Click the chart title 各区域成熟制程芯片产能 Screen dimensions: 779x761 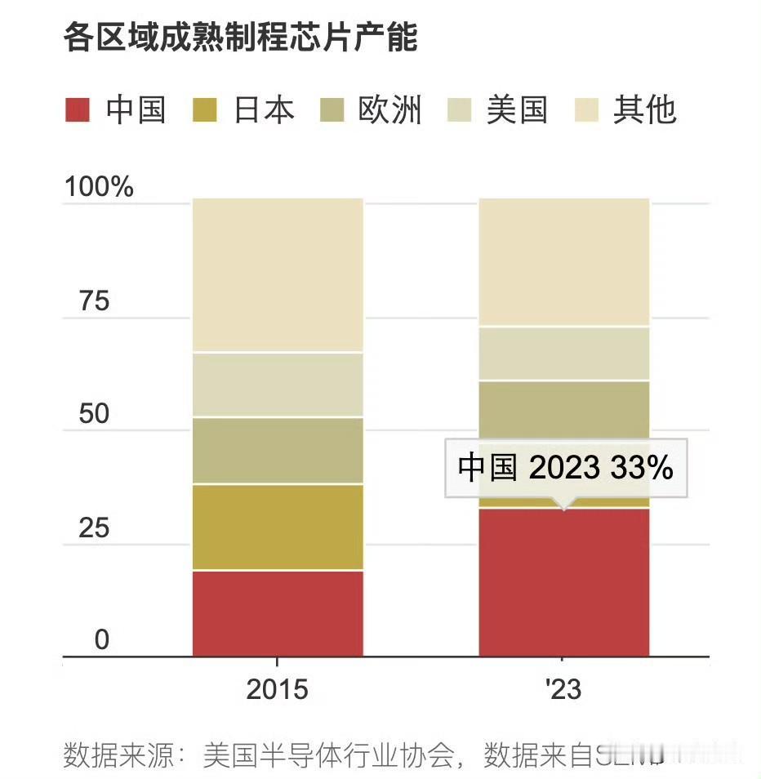pyautogui.click(x=240, y=38)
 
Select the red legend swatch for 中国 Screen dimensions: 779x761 pyautogui.click(x=77, y=109)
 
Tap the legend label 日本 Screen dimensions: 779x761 pyautogui.click(x=264, y=109)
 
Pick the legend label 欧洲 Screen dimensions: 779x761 pyautogui.click(x=389, y=109)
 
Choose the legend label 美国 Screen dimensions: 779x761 pyautogui.click(x=517, y=109)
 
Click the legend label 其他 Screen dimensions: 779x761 pyautogui.click(x=645, y=109)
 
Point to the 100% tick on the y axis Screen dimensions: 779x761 pyautogui.click(x=99, y=187)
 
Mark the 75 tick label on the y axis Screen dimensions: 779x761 pyautogui.click(x=94, y=301)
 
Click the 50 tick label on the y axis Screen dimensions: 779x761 pyautogui.click(x=94, y=414)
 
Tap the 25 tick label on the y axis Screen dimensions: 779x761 pyautogui.click(x=94, y=528)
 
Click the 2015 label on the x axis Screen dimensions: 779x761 pyautogui.click(x=278, y=690)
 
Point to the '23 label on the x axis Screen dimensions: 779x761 pyautogui.click(x=563, y=690)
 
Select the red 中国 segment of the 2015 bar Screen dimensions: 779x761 pyautogui.click(x=278, y=612)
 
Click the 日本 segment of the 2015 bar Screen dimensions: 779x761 pyautogui.click(x=278, y=527)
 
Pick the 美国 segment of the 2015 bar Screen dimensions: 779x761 pyautogui.click(x=278, y=385)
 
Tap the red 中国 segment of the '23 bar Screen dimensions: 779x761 pyautogui.click(x=563, y=581)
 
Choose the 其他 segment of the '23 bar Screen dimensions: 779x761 pyautogui.click(x=563, y=261)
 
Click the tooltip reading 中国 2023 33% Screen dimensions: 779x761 pyautogui.click(x=565, y=468)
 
